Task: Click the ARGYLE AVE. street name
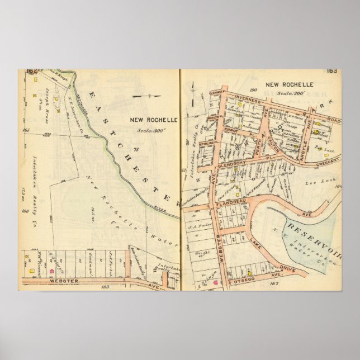[x=302, y=131]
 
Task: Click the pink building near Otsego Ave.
[x=214, y=282]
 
